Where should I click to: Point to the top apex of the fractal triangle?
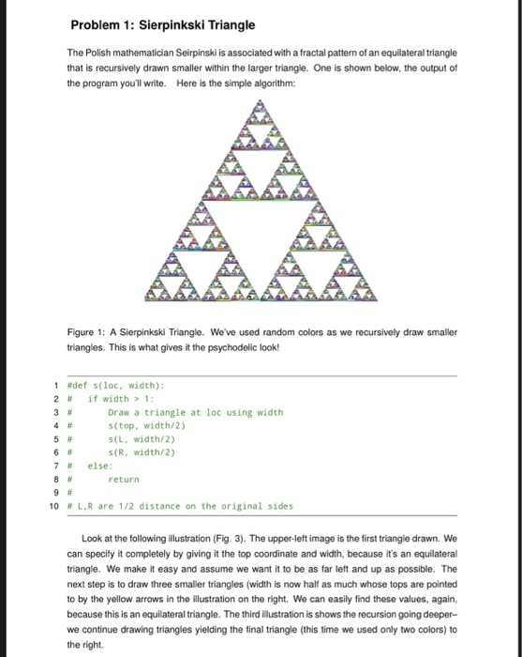(261, 101)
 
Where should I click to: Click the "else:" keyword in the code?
(100, 465)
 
